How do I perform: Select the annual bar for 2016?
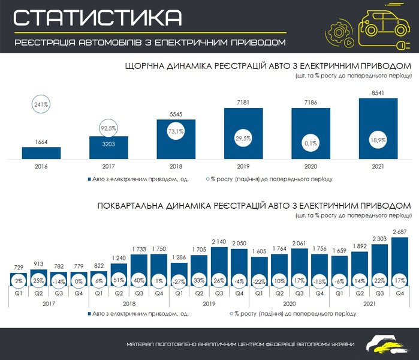click(x=41, y=153)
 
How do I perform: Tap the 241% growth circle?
click(x=41, y=104)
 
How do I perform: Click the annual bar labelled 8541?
click(x=378, y=129)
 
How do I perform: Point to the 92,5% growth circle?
click(x=108, y=128)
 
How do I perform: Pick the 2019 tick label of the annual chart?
click(x=243, y=167)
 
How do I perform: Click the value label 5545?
click(x=176, y=114)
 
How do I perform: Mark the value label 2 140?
click(x=220, y=241)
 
